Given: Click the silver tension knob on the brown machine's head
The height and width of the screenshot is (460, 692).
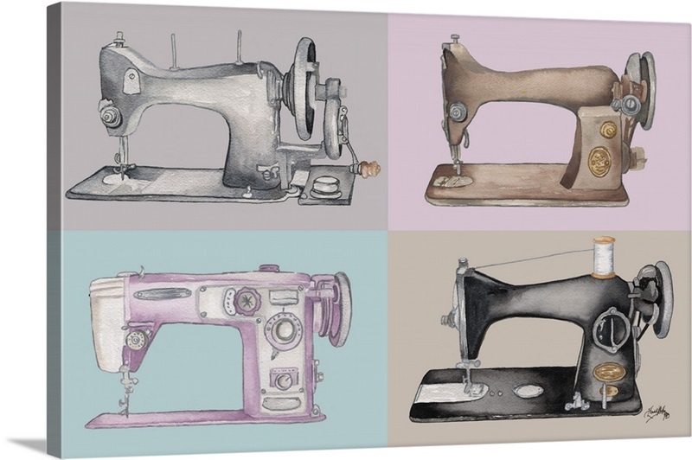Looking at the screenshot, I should (x=453, y=110).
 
